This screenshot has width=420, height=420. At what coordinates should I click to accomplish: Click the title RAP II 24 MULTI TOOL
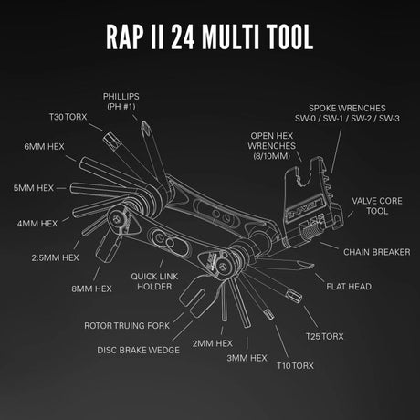(x=210, y=37)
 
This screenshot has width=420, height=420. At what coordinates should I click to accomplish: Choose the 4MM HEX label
(x=37, y=222)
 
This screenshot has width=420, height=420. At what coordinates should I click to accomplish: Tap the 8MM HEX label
(x=91, y=289)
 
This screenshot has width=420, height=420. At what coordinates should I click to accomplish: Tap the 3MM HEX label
(x=246, y=358)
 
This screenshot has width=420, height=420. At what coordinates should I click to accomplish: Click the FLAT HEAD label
(x=349, y=286)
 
